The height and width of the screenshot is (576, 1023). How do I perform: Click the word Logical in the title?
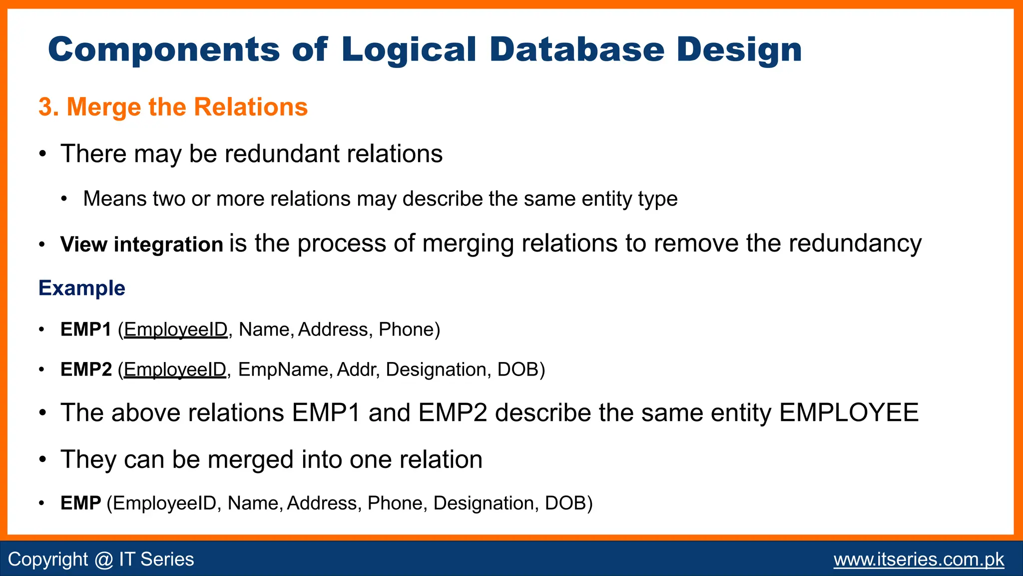pos(409,50)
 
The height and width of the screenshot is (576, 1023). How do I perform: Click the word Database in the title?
pos(576,50)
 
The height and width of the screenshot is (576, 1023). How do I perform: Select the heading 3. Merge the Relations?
pos(173,107)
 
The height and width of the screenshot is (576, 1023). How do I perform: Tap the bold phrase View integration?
pos(141,244)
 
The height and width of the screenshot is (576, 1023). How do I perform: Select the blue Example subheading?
pos(82,288)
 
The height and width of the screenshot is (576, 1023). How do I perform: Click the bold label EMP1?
pos(85,329)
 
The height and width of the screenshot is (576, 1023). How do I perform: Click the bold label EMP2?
pos(86,369)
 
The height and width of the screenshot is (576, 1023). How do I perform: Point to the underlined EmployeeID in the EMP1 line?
pos(175,329)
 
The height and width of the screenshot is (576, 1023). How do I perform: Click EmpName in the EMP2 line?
pos(283,369)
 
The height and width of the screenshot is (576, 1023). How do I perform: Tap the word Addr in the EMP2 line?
pos(356,369)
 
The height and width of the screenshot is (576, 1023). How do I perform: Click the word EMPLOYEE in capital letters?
pos(849,413)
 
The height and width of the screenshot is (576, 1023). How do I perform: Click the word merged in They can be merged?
pos(250,459)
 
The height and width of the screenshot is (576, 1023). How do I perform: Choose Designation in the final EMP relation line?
pos(483,503)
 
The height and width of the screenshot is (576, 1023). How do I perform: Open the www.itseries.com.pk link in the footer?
pos(918,559)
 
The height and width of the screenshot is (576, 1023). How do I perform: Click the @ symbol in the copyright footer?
pos(103,559)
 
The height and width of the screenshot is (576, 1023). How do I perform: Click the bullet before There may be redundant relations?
pos(43,153)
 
